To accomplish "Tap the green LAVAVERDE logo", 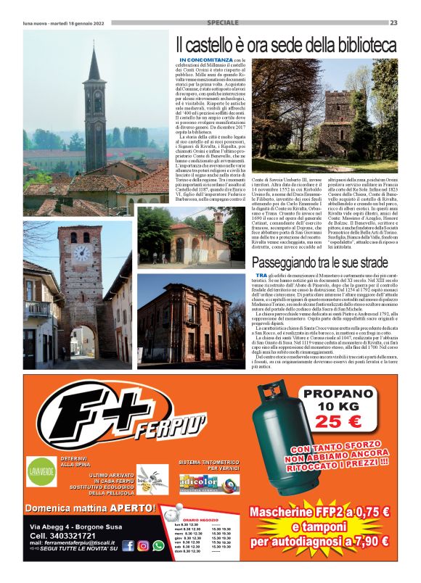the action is [x=41, y=470].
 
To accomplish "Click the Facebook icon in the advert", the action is [x=128, y=546].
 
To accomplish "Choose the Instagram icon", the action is [x=143, y=546].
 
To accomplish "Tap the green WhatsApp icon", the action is [x=158, y=546].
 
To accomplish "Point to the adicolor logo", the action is [x=199, y=481].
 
